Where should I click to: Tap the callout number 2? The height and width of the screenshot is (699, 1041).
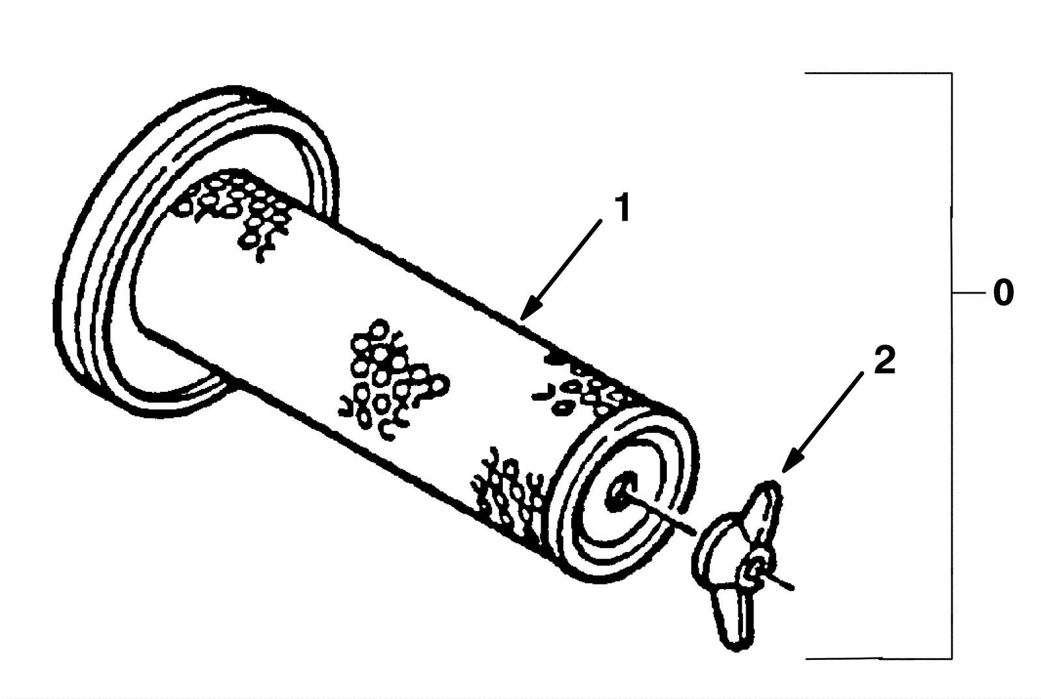pos(884,361)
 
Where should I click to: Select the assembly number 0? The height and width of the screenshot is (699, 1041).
pos(1003,293)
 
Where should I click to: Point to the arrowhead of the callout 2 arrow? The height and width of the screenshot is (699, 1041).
pos(785,466)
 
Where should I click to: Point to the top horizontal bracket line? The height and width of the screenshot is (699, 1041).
pos(878,74)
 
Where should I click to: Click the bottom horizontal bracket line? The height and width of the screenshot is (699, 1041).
pos(878,659)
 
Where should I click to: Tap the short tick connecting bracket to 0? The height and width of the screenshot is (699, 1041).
pos(967,293)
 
